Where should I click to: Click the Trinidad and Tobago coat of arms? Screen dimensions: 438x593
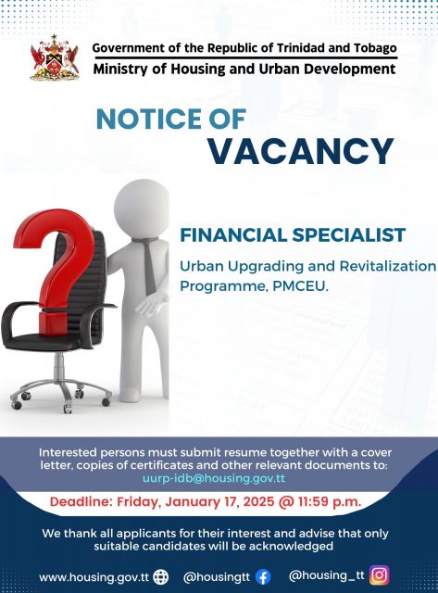(x=55, y=57)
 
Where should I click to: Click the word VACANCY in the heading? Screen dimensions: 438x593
(x=301, y=151)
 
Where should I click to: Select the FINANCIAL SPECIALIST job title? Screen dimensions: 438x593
(x=293, y=234)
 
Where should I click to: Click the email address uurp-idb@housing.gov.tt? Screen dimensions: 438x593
(x=214, y=478)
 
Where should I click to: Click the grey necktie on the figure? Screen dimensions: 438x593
(x=147, y=264)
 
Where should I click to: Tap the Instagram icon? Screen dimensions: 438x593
(x=379, y=575)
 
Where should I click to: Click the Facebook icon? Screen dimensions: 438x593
(x=263, y=577)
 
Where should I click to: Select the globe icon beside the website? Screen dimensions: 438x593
(x=161, y=577)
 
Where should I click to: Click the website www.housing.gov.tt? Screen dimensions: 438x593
(x=94, y=578)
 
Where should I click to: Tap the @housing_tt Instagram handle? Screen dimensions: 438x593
(x=327, y=575)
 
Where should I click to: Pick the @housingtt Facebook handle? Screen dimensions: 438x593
(x=217, y=577)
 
